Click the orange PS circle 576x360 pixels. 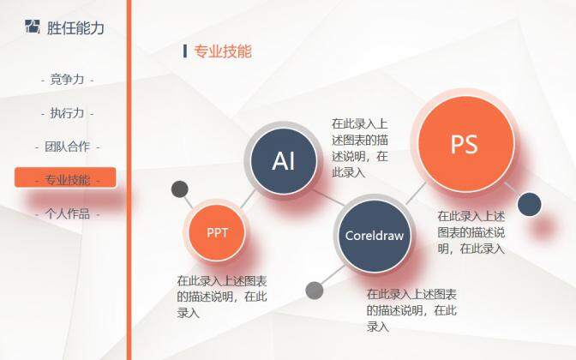(x=464, y=144)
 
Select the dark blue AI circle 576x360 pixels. (x=284, y=161)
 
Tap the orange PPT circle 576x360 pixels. (x=217, y=231)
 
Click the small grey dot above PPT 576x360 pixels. (x=180, y=189)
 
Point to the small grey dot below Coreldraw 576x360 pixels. (x=315, y=290)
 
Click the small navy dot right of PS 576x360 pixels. (x=530, y=204)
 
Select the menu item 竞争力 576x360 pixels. (x=67, y=80)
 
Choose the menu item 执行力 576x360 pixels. (x=67, y=113)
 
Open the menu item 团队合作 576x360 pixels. (x=67, y=147)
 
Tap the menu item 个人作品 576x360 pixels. (x=67, y=213)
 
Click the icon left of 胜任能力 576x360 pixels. (x=33, y=27)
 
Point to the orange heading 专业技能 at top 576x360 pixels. (x=223, y=51)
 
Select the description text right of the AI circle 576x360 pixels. (x=360, y=147)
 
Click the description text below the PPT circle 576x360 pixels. (x=222, y=297)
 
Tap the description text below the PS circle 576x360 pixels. (x=471, y=232)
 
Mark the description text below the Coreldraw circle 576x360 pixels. (x=411, y=309)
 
